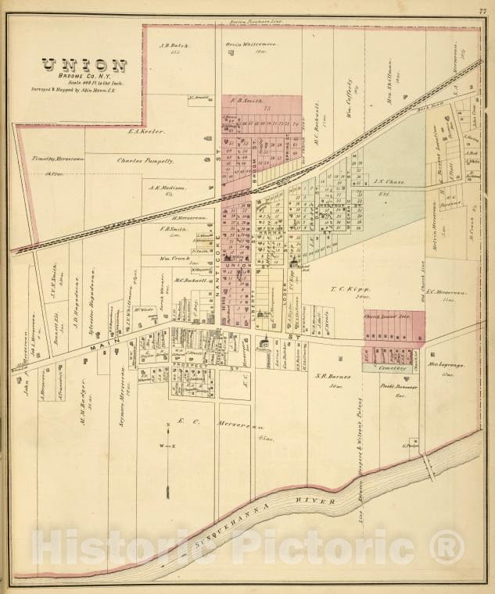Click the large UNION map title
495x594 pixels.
coord(84,66)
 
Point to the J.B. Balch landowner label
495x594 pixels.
coord(170,46)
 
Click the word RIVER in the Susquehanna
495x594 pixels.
coord(317,502)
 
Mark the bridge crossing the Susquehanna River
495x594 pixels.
coord(429,467)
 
